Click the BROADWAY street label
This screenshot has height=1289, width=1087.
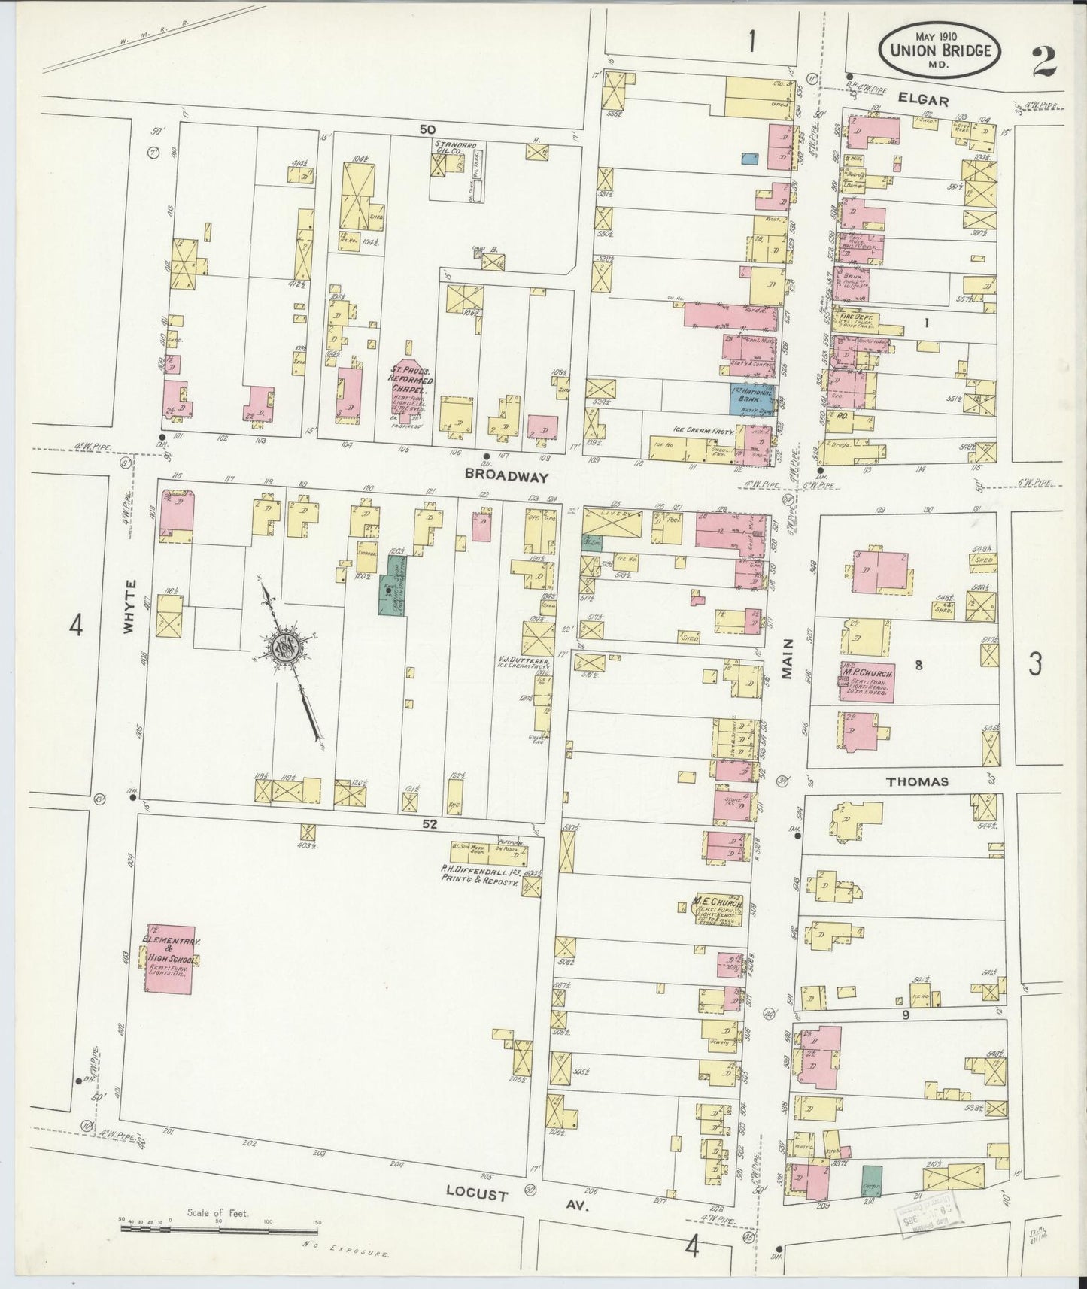[502, 475]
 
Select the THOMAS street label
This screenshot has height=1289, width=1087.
[916, 781]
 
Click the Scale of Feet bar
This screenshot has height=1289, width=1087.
[218, 1228]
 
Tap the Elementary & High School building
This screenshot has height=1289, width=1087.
[171, 959]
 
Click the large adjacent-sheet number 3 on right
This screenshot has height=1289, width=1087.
[1035, 664]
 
